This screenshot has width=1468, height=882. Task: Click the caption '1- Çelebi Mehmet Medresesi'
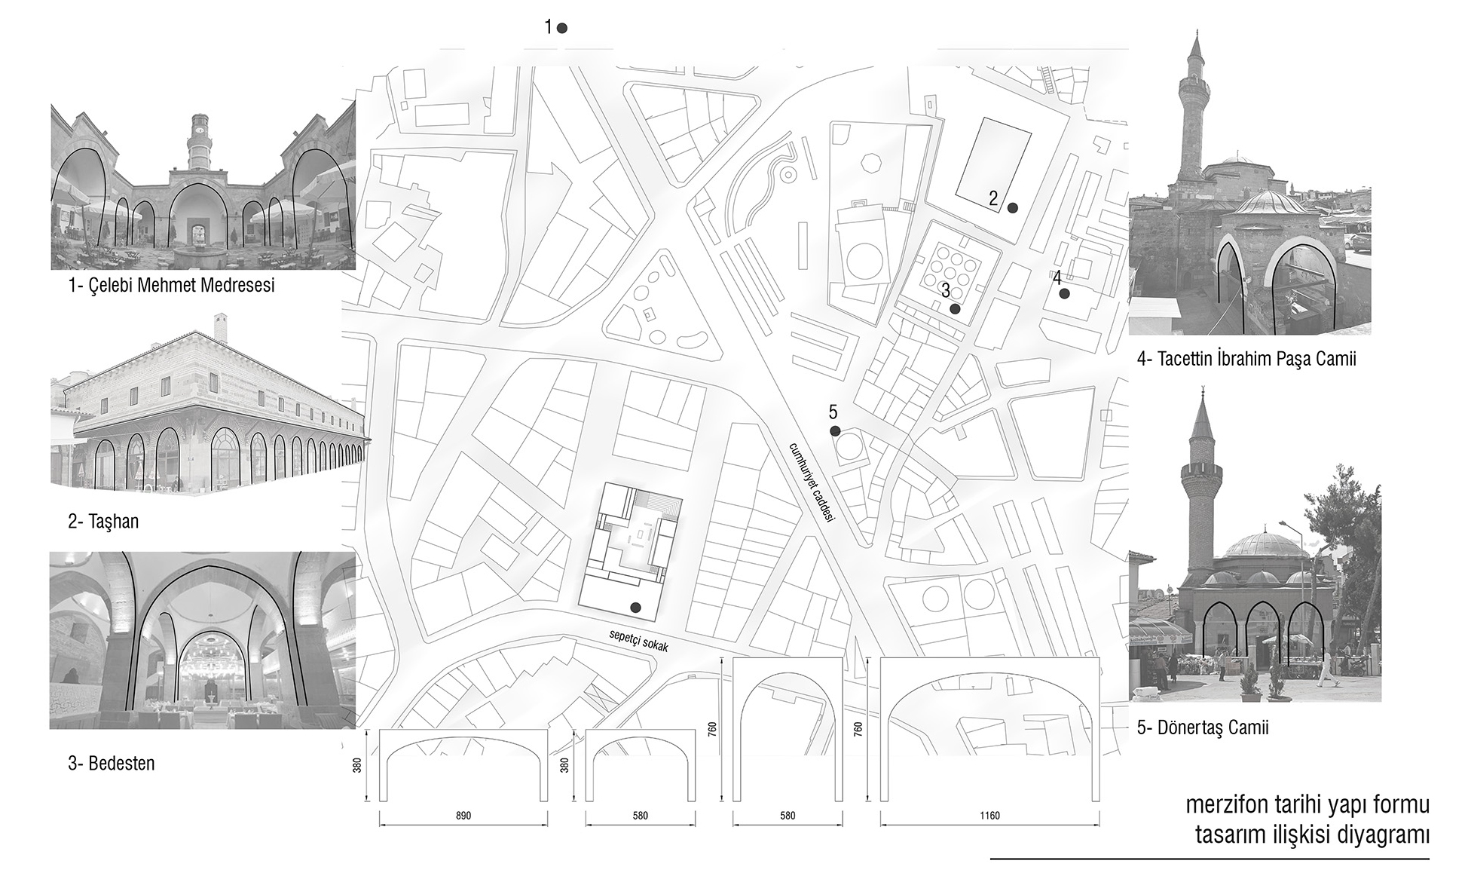pos(171,286)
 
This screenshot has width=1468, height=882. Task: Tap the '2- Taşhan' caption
pos(103,522)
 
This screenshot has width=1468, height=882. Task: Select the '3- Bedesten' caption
pos(111,763)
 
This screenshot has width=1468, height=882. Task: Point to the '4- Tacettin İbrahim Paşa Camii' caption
pos(1246,359)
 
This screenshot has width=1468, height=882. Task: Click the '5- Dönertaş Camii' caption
pos(1203,727)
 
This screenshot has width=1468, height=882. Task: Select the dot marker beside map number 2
pos(1013,208)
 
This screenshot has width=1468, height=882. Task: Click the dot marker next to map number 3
pos(955,308)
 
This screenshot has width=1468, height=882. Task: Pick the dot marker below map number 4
pos(1064,294)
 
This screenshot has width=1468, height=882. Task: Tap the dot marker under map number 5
pos(835,431)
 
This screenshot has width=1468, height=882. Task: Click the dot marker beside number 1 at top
pos(561,29)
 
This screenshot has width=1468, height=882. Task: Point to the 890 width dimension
pos(463,816)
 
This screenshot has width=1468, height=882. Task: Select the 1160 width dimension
pos(989,816)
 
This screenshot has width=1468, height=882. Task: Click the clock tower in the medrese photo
pos(200,143)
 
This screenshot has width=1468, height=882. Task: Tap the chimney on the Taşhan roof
pos(221,327)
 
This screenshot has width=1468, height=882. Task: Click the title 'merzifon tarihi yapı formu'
pos(1307,805)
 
